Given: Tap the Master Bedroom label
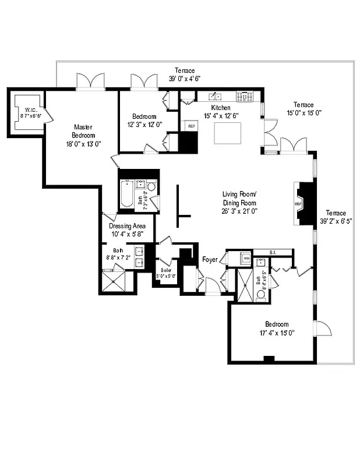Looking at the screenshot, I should click(84, 135).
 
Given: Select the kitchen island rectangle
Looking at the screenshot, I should click(228, 133).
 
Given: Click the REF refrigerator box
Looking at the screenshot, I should click(190, 125).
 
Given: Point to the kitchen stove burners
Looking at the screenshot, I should click(244, 96).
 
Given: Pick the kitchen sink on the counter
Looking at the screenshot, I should click(216, 96).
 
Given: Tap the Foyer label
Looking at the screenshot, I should click(210, 259).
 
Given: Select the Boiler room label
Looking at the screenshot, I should click(165, 273).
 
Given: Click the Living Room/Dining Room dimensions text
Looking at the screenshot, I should click(239, 211).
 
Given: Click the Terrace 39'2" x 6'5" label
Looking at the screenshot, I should click(336, 217).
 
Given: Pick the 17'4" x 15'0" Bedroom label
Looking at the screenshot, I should click(277, 329).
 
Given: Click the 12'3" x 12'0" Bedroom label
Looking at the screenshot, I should click(144, 120).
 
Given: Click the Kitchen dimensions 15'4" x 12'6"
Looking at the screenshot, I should click(220, 115).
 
